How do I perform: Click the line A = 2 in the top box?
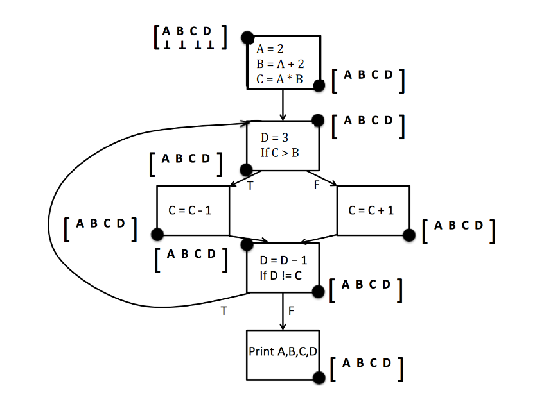click(270, 49)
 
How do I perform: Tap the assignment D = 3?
click(274, 138)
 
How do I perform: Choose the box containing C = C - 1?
click(193, 210)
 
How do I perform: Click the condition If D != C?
click(281, 276)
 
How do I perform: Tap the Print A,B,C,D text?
click(283, 352)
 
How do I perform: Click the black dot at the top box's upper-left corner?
click(247, 38)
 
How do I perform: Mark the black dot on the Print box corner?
click(319, 378)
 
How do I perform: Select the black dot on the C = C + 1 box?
click(408, 235)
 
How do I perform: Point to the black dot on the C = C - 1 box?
click(157, 235)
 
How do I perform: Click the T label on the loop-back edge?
click(224, 311)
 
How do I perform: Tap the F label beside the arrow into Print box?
click(292, 311)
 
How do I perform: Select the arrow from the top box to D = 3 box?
click(283, 105)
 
